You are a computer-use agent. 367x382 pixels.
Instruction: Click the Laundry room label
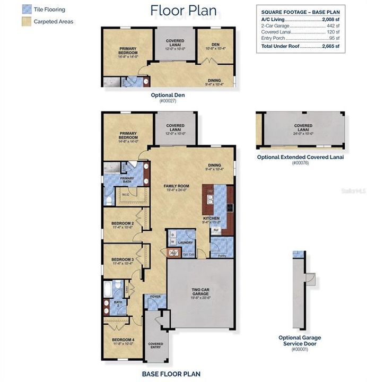tap(186, 243)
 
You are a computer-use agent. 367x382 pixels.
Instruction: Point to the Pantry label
tap(219, 255)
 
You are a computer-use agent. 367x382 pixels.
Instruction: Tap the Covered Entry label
tap(155, 345)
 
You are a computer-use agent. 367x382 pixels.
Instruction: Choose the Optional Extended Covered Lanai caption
tap(300, 157)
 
